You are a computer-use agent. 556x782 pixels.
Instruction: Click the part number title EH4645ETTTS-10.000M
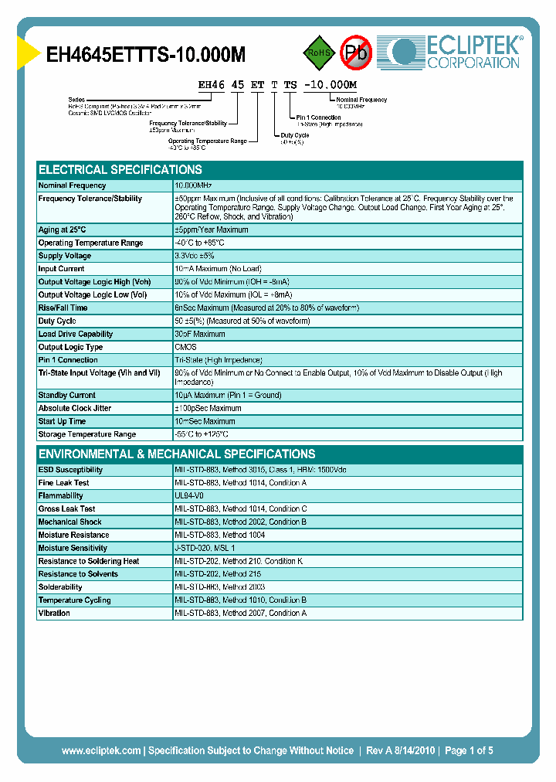(146, 54)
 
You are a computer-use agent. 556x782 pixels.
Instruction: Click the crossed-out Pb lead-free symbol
(356, 53)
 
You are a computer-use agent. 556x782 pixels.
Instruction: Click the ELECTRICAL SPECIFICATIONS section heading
(120, 169)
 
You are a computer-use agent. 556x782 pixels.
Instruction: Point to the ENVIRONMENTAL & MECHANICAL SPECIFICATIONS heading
(177, 454)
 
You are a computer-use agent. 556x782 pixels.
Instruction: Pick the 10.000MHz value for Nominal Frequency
(193, 185)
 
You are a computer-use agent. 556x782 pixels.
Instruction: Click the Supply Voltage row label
(65, 256)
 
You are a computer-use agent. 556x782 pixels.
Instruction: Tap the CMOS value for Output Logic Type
(185, 347)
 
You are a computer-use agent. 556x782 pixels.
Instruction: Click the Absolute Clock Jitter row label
(74, 408)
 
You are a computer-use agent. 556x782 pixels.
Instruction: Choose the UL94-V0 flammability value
(189, 495)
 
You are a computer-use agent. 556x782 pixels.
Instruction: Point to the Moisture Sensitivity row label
(73, 548)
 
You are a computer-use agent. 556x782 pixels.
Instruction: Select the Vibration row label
(54, 613)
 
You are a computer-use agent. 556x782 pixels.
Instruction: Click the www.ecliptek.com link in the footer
(101, 750)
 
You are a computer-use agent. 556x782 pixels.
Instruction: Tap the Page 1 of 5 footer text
(466, 750)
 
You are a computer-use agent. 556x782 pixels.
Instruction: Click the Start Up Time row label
(62, 421)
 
